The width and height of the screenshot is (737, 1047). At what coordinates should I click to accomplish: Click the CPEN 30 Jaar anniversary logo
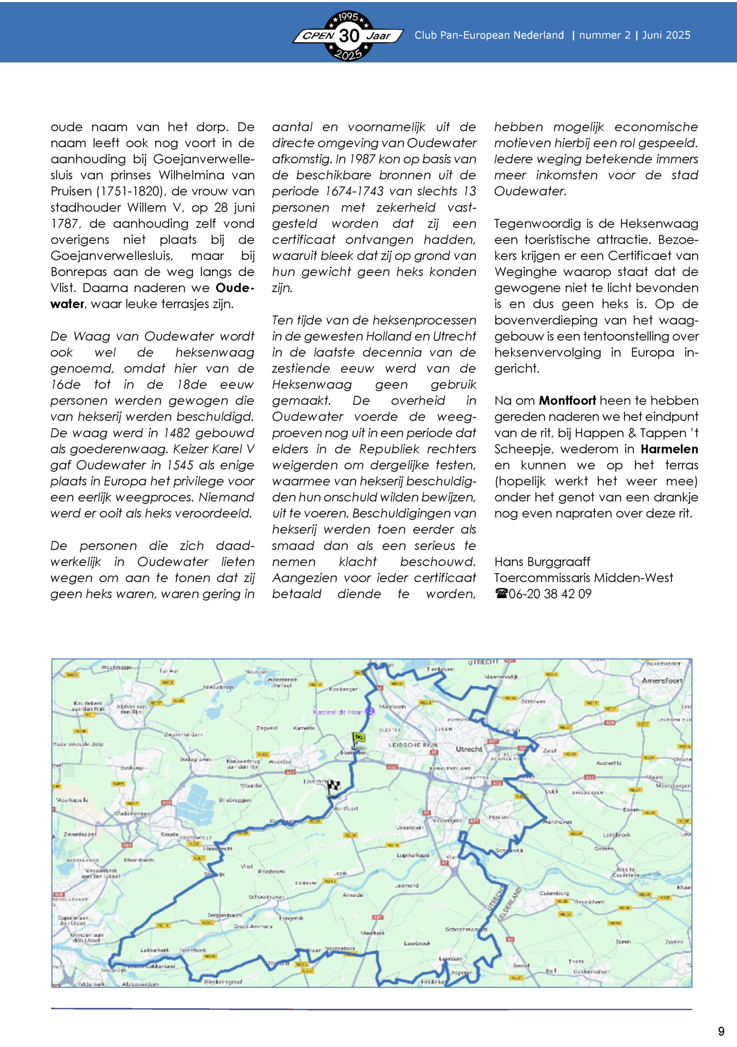[348, 36]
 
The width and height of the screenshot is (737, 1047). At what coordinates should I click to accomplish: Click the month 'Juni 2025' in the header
[666, 35]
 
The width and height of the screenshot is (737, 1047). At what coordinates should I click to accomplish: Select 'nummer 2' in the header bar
[605, 35]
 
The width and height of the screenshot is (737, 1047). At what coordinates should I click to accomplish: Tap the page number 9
[721, 1031]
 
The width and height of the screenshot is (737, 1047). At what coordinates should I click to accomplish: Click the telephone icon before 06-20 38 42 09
[501, 594]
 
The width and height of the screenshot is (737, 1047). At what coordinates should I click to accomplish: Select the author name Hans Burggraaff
[542, 562]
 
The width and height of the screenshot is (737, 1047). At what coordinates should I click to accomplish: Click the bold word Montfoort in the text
[567, 401]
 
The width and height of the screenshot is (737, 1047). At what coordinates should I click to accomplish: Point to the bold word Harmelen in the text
[669, 449]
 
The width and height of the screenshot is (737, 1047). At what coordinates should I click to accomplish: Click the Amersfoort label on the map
[662, 680]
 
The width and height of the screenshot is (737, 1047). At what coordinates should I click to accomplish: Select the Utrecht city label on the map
[469, 749]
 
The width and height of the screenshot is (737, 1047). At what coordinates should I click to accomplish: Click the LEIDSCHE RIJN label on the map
[413, 745]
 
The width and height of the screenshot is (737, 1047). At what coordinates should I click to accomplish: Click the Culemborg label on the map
[554, 893]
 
